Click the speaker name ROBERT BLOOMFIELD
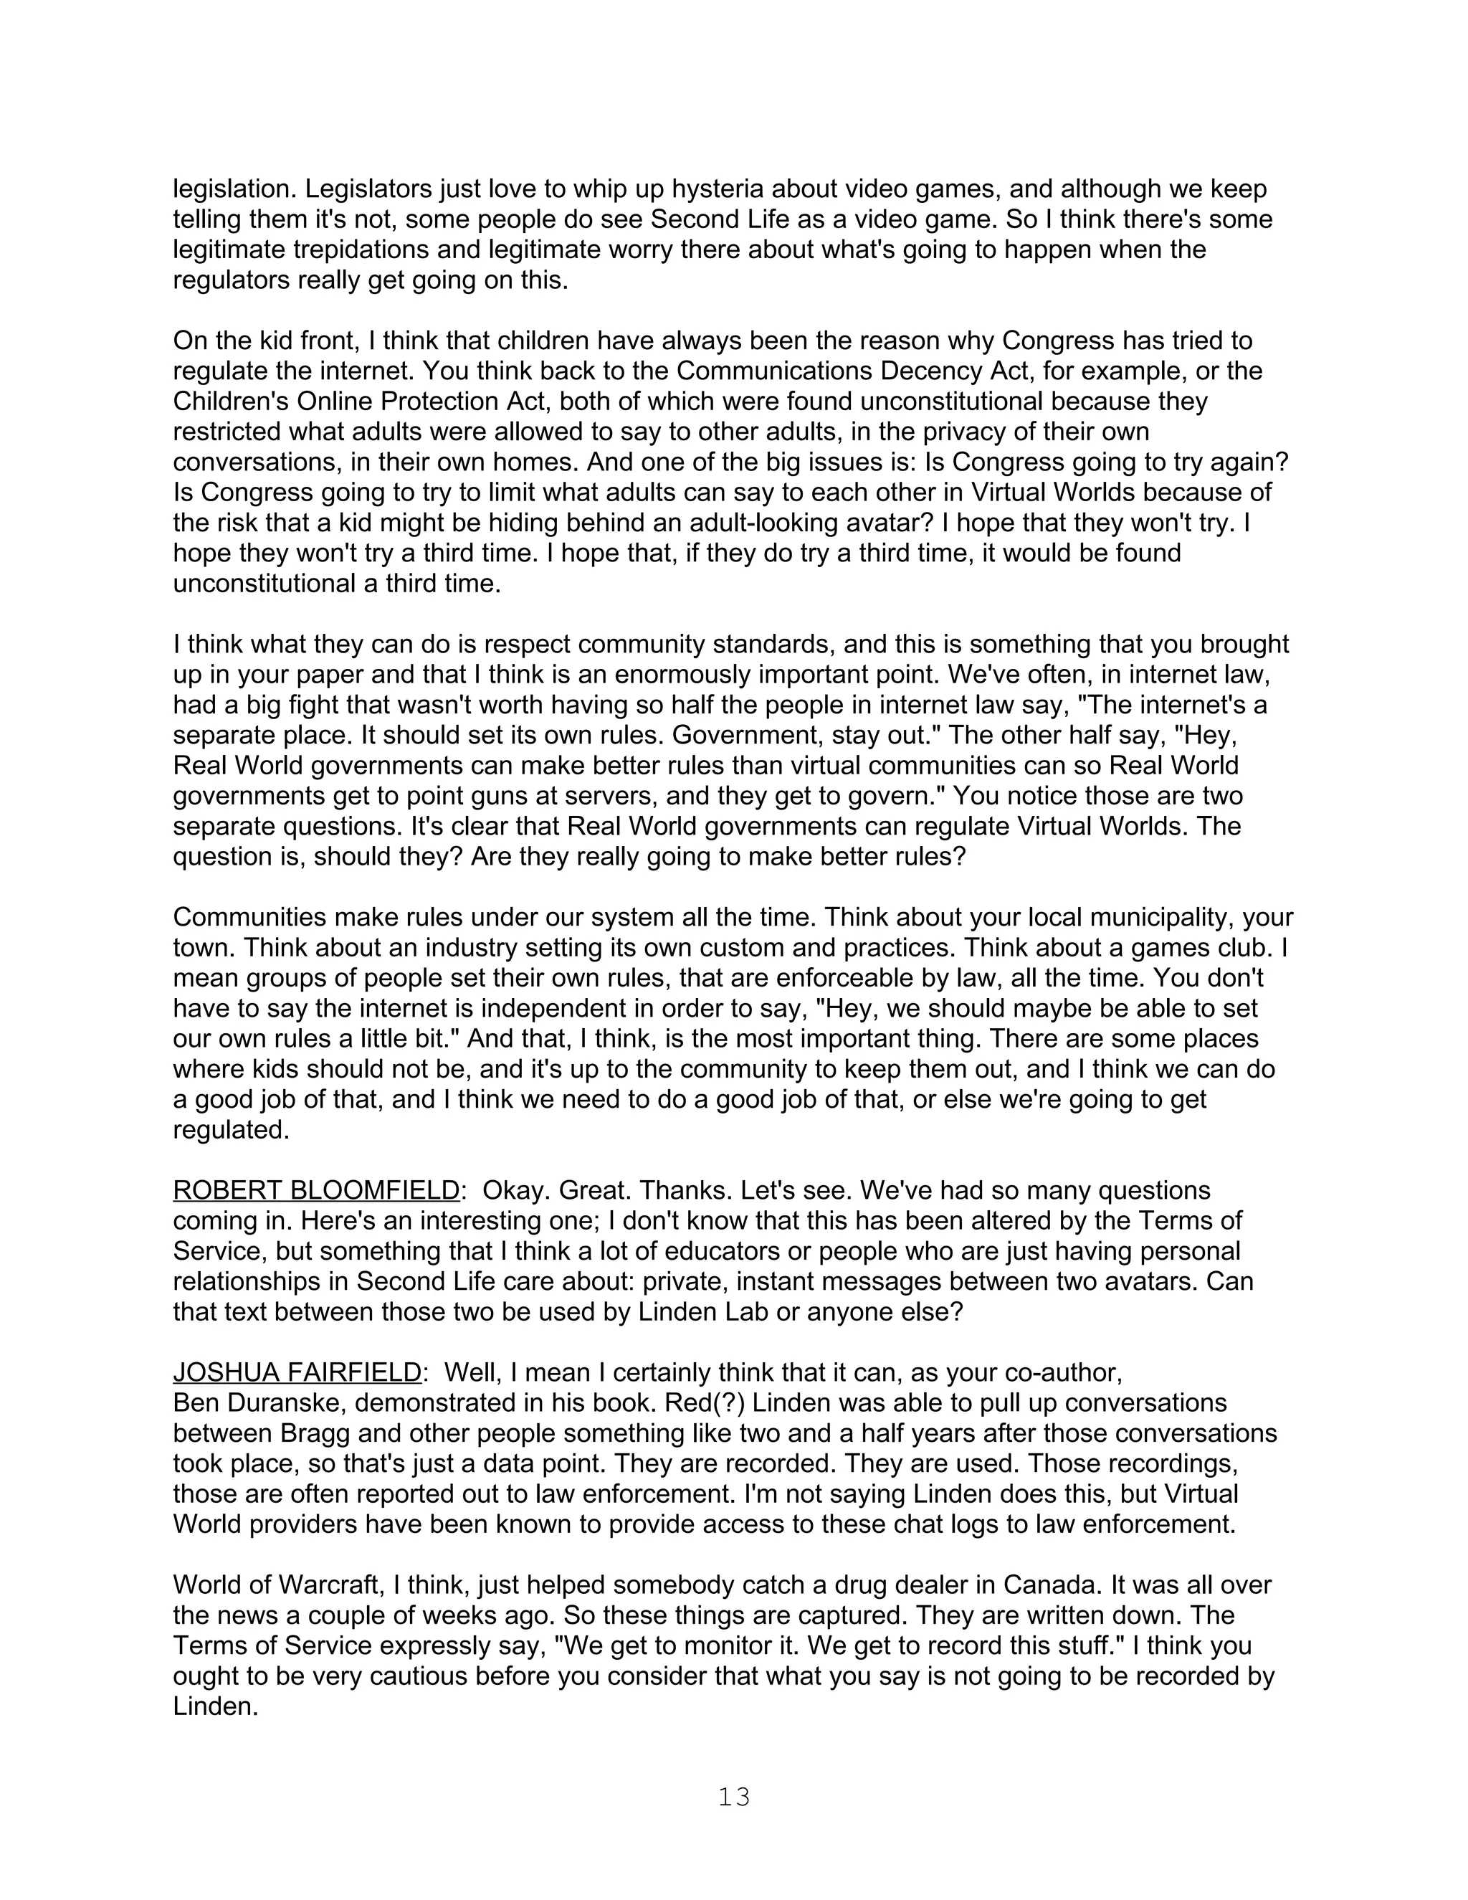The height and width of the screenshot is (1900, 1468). coord(315,1190)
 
